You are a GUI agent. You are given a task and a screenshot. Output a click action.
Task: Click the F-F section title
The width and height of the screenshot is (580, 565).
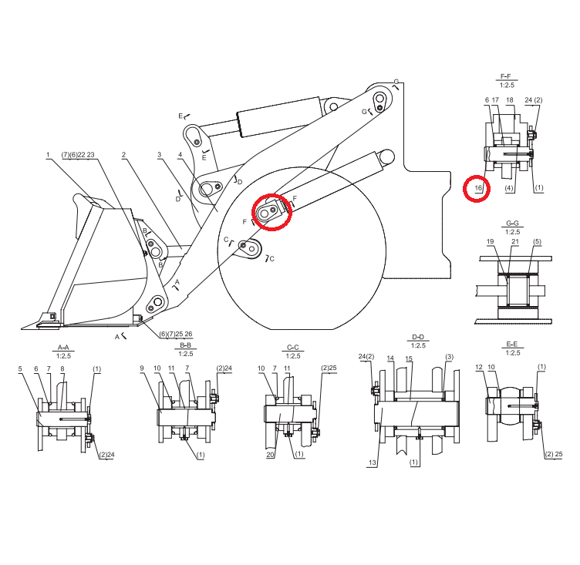[507, 77]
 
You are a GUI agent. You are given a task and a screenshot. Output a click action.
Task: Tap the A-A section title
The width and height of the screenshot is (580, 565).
[64, 348]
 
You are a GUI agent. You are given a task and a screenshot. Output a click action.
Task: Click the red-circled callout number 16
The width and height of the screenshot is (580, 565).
[477, 188]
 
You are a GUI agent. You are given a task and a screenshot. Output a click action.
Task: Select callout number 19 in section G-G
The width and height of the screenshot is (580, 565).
[490, 242]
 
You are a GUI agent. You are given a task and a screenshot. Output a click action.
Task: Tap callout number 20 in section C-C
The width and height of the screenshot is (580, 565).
[271, 455]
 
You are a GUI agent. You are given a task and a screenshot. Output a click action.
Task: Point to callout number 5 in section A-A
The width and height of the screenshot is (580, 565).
[19, 369]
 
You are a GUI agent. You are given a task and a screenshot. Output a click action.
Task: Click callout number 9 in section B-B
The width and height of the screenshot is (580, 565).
[142, 368]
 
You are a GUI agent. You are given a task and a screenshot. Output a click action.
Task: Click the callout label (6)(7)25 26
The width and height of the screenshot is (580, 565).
[176, 334]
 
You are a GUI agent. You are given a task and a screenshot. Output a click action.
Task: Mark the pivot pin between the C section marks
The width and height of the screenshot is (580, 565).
[244, 246]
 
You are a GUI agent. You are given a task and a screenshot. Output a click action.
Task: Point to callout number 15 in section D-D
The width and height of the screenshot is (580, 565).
[409, 359]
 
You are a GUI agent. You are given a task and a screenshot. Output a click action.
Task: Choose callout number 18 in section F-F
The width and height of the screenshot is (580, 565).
[509, 100]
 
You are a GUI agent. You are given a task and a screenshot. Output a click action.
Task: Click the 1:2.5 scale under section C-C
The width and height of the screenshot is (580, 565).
[292, 356]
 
